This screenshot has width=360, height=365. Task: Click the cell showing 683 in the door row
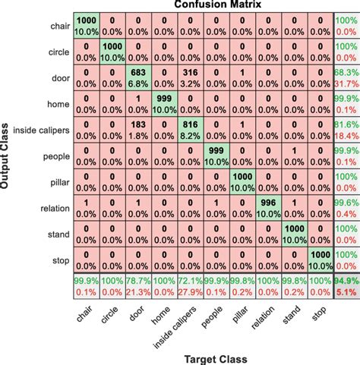tap(138, 78)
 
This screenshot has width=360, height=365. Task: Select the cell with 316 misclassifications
tap(191, 78)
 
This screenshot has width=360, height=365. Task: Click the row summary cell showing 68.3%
tap(346, 78)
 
